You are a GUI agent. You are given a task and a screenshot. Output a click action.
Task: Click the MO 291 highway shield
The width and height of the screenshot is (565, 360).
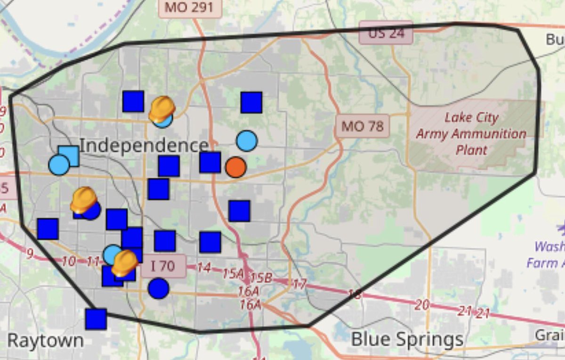tap(189, 8)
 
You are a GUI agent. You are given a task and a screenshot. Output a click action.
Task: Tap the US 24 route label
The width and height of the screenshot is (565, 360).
tap(386, 33)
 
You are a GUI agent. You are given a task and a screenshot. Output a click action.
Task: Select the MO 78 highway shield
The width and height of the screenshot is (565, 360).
tap(363, 126)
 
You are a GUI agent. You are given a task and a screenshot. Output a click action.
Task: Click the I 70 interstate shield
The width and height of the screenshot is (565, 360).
tap(163, 267)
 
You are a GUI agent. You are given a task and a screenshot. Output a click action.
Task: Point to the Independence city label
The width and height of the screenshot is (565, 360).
tap(144, 145)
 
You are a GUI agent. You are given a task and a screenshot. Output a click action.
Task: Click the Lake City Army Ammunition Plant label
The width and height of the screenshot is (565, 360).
tap(471, 134)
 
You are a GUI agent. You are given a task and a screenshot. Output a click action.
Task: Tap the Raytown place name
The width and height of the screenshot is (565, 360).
tap(46, 340)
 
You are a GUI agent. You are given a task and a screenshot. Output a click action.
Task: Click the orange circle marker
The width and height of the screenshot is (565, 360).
tap(235, 167)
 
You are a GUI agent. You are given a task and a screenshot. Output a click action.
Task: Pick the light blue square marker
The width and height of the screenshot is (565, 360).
tap(69, 156)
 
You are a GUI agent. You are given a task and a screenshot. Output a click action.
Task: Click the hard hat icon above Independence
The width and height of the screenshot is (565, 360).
tap(161, 109)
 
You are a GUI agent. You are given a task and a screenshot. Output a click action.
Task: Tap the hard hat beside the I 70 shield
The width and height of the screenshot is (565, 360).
tap(125, 262)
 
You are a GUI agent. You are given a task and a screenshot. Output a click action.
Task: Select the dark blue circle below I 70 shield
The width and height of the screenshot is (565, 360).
tap(159, 288)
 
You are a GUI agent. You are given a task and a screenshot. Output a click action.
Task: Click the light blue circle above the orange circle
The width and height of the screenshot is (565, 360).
tap(247, 140)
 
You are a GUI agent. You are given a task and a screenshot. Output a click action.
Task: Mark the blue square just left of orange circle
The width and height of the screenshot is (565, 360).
tap(210, 162)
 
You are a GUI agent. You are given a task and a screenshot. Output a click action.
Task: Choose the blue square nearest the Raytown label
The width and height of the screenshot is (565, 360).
tap(96, 319)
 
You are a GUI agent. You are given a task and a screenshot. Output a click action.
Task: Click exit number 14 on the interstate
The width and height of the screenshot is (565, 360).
tap(203, 268)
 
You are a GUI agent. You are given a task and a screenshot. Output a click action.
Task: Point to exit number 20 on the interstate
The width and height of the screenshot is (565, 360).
tap(422, 305)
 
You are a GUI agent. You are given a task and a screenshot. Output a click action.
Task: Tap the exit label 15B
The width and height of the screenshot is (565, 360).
tap(261, 278)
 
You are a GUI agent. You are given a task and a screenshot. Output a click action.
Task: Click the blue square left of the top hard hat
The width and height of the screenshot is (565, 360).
tap(133, 101)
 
